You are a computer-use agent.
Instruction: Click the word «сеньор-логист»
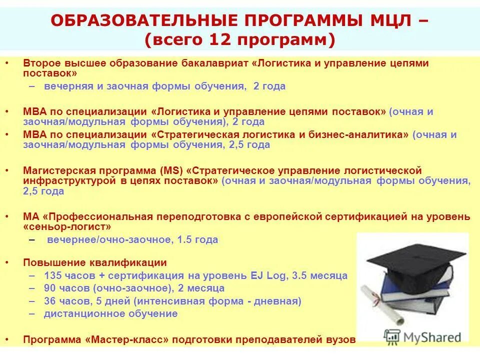click(x=67, y=226)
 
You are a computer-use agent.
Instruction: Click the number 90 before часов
click(x=49, y=288)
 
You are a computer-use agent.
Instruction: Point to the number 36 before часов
click(x=49, y=301)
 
